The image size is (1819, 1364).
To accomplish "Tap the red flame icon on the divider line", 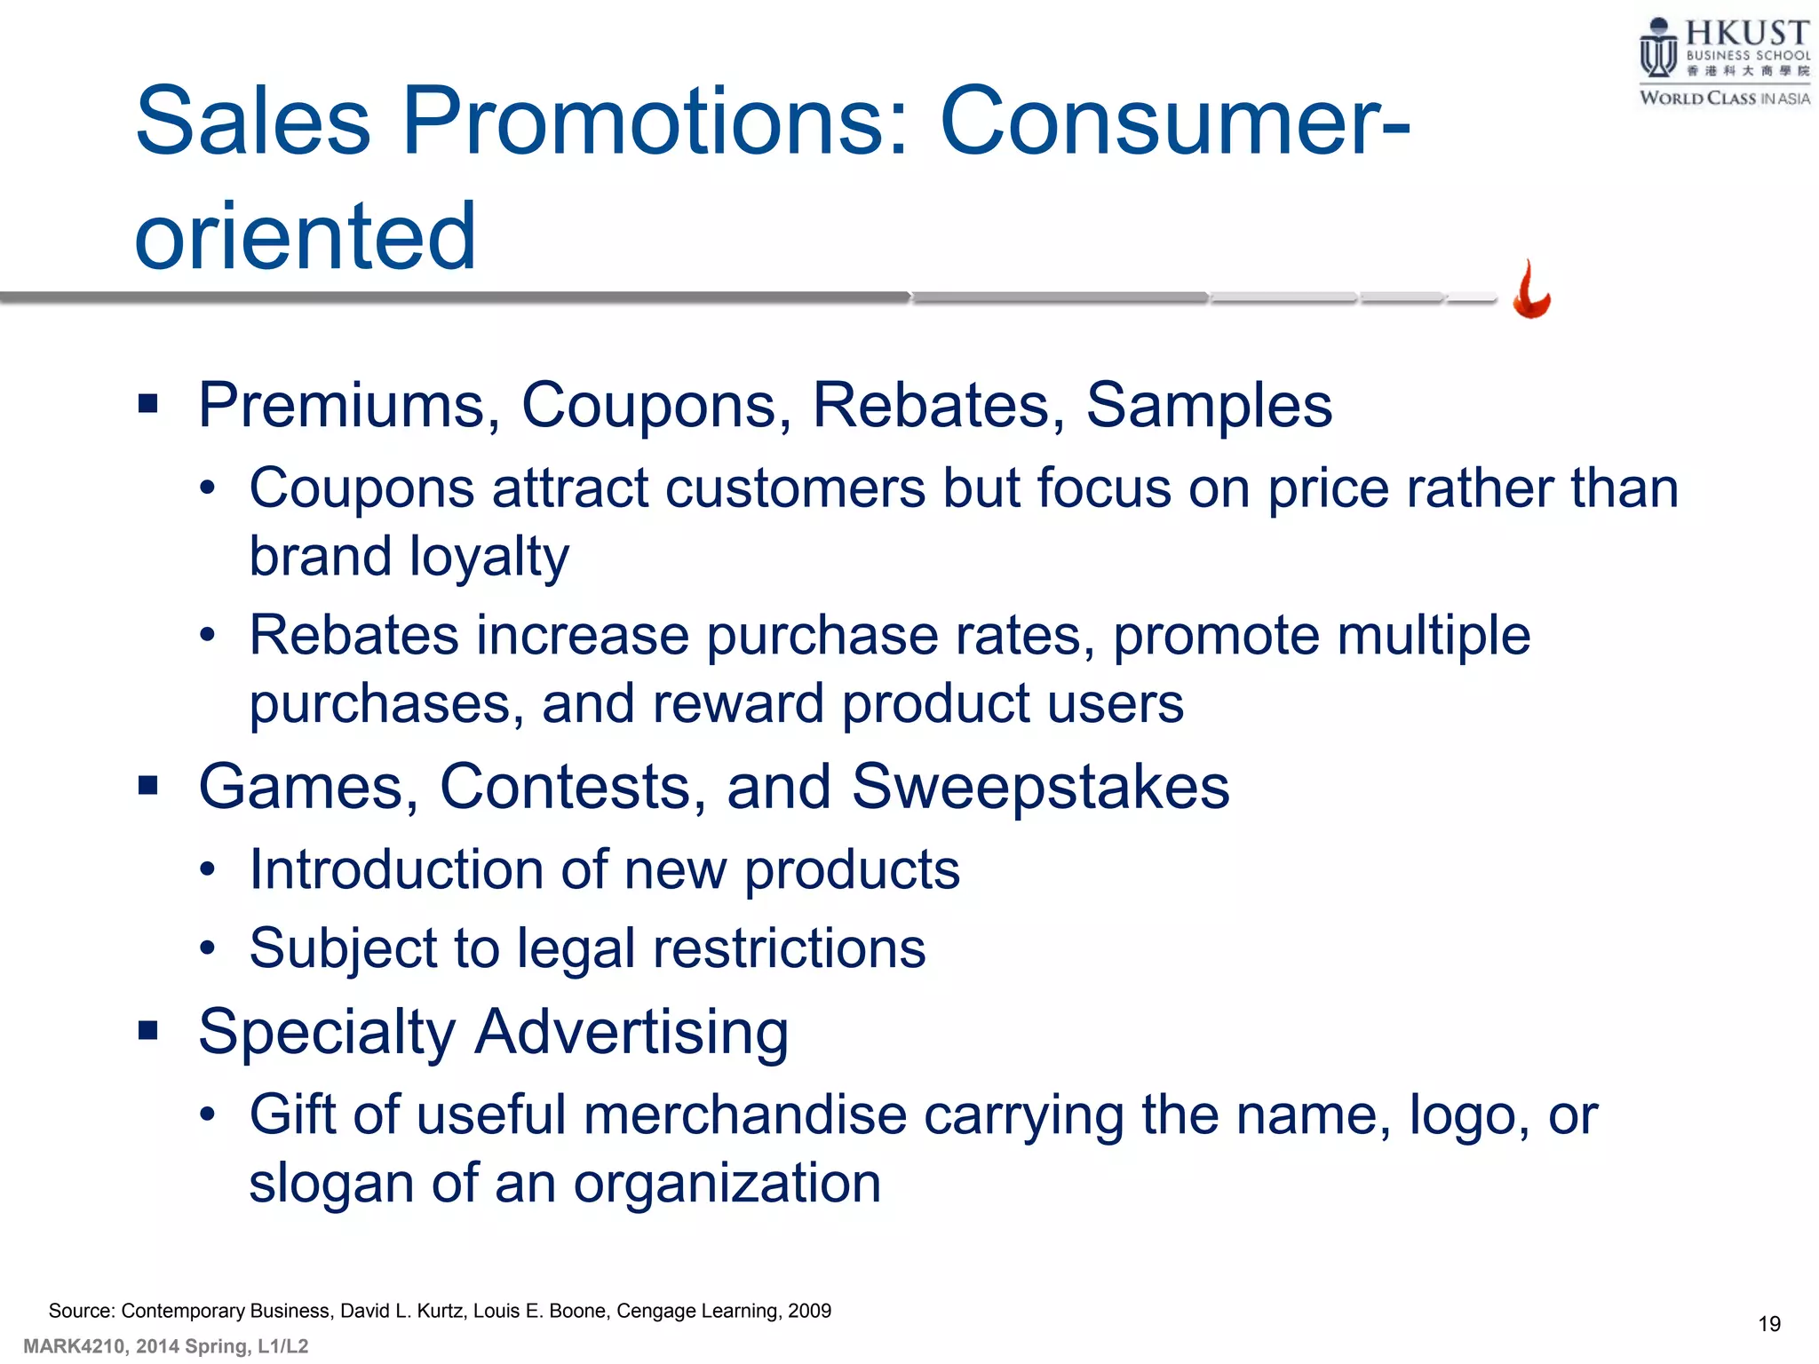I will click(x=1531, y=290).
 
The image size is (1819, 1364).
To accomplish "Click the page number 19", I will click(x=1769, y=1324).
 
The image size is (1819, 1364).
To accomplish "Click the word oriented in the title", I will click(x=306, y=235).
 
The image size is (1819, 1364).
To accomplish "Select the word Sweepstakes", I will click(x=1040, y=787).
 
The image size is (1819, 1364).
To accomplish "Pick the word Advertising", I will click(x=631, y=1033).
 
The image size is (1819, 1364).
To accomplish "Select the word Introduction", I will click(x=395, y=869).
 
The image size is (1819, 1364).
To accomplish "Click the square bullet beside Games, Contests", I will click(x=148, y=786).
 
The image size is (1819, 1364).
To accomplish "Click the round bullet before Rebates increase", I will click(x=207, y=636).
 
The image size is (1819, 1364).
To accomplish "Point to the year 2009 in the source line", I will click(x=809, y=1311).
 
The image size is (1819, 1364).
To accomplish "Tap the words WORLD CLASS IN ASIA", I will click(x=1724, y=99).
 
